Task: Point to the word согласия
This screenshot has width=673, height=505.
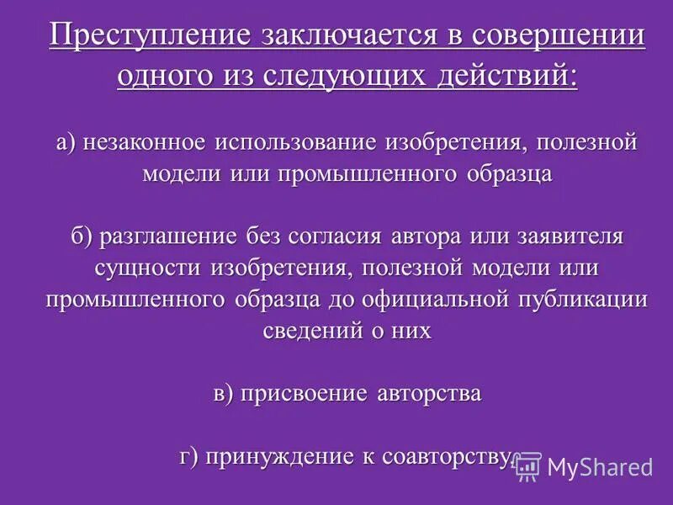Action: tap(336, 236)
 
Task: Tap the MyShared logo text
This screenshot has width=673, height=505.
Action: tap(600, 467)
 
